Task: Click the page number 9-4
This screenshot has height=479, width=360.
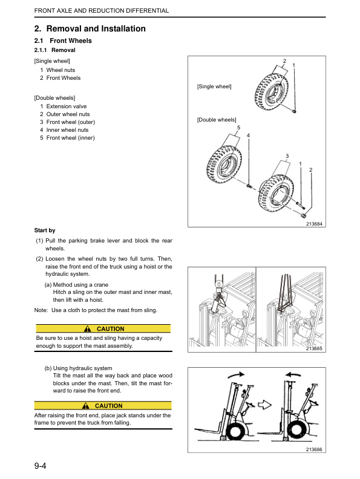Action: pyautogui.click(x=40, y=466)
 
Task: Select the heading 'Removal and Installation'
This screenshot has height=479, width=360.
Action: pyautogui.click(x=96, y=28)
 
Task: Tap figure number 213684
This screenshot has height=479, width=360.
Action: pyautogui.click(x=314, y=224)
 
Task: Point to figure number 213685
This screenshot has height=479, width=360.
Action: pyautogui.click(x=314, y=348)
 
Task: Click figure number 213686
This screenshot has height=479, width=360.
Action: pyautogui.click(x=314, y=449)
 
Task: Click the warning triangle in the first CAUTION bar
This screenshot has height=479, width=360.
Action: pyautogui.click(x=88, y=328)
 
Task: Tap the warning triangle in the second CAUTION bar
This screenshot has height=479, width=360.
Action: pyautogui.click(x=86, y=406)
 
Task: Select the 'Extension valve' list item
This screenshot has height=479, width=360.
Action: pyautogui.click(x=67, y=106)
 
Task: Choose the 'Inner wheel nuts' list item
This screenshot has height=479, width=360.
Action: pyautogui.click(x=67, y=130)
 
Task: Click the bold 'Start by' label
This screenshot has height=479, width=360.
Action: pyautogui.click(x=45, y=230)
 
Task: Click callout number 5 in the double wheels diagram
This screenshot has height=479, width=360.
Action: pyautogui.click(x=238, y=128)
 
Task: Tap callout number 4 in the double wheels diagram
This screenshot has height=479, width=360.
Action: pyautogui.click(x=248, y=135)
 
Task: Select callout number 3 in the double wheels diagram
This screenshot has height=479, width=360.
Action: pyautogui.click(x=287, y=156)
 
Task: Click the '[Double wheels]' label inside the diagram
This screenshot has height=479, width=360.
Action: pyautogui.click(x=217, y=120)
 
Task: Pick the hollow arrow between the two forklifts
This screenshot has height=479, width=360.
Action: pyautogui.click(x=264, y=405)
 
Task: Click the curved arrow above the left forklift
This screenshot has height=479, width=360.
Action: pyautogui.click(x=236, y=374)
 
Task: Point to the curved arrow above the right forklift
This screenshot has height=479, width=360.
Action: pyautogui.click(x=293, y=374)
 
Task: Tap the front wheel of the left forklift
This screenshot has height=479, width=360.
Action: pyautogui.click(x=236, y=431)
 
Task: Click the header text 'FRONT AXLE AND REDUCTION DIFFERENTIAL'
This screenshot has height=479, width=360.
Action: pyautogui.click(x=102, y=11)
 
